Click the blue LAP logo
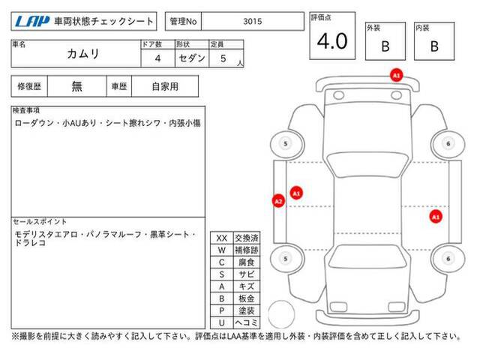point(31,22)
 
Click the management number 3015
point(253,22)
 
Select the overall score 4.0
point(332,41)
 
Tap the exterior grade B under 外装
point(385,46)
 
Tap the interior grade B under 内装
point(434,46)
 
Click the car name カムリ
point(83,54)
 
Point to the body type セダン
point(192,58)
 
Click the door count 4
point(157,58)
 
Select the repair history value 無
point(76,87)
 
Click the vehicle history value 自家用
point(165,87)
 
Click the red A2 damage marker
point(278,201)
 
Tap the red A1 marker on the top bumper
point(397,75)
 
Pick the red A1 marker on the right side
point(436,217)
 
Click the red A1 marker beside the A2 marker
point(296,193)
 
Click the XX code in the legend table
point(222,238)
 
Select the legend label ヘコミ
point(247,322)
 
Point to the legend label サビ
point(247,274)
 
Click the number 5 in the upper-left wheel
point(286,144)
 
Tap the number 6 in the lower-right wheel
point(448,259)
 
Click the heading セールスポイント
point(40,222)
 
